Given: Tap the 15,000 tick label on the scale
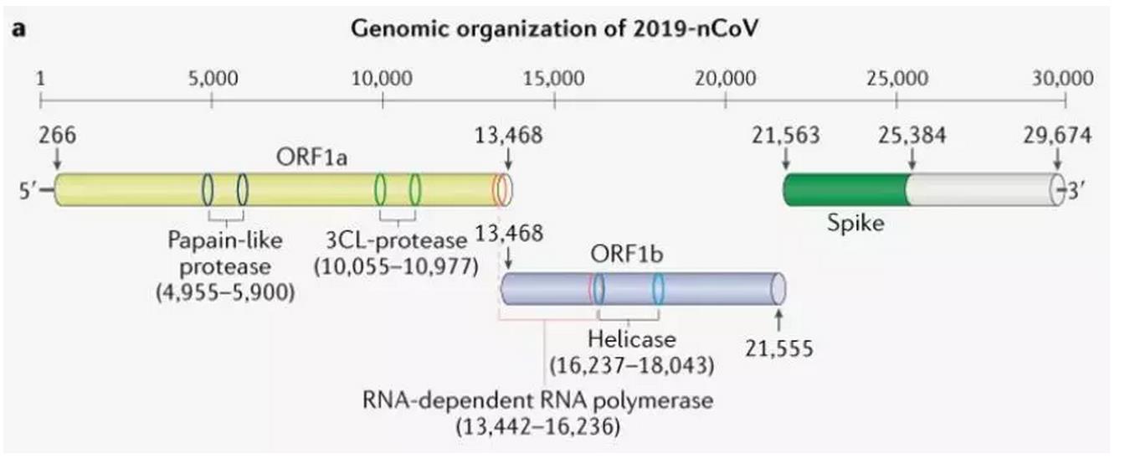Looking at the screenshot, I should coord(554,79).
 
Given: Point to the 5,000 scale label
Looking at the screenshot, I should coord(213,79).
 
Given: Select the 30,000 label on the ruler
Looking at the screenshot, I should coord(1063,79).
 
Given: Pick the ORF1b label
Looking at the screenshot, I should coord(628,255).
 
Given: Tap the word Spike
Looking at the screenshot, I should coord(855,224).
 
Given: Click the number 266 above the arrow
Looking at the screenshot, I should coord(56,135).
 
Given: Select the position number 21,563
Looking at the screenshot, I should coord(785,135).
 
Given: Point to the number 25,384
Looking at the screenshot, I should coord(912,135).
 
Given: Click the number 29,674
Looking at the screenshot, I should coord(1057,135).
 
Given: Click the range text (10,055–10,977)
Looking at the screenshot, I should coord(395,266).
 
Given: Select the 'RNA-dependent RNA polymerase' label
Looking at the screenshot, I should coord(537,400).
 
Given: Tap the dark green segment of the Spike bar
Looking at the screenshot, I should coord(845,190).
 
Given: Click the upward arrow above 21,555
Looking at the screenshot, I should coord(778,318).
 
